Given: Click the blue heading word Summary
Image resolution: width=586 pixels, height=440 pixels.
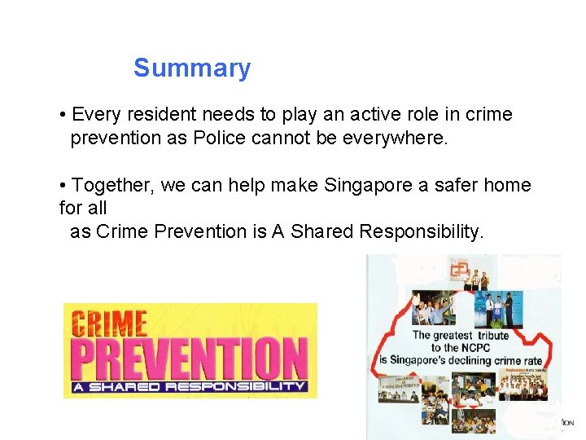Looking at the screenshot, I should pos(192,68).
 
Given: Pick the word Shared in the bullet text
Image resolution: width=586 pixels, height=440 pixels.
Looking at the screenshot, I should pos(324,231).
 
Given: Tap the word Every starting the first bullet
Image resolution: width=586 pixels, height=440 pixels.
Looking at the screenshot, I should pos(95,114).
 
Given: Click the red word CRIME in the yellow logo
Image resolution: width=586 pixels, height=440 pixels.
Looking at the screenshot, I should pos(109,323).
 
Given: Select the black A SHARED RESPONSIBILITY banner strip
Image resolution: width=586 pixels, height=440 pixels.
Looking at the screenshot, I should pos(189,386).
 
